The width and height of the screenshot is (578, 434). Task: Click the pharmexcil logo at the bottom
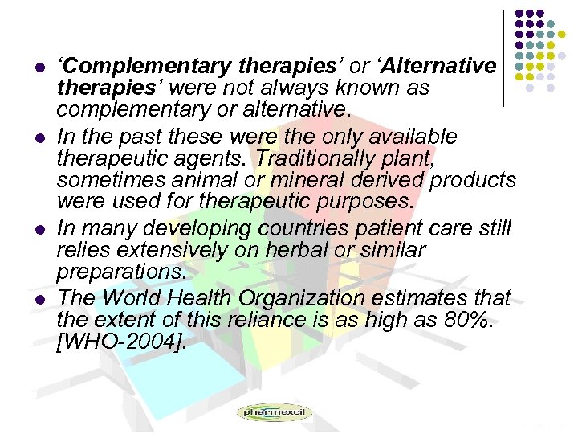(x=274, y=413)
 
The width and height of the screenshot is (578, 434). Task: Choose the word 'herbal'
(x=297, y=250)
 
